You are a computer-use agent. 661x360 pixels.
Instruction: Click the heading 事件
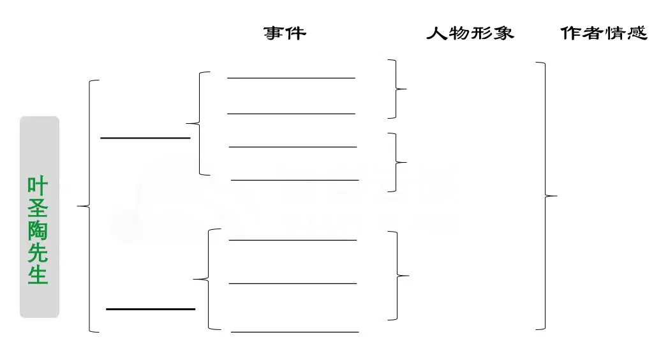285,33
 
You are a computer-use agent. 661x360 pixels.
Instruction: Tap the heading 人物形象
470,33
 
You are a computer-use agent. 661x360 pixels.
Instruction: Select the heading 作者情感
604,33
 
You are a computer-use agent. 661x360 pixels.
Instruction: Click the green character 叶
38,185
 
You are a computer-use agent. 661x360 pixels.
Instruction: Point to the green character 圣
38,207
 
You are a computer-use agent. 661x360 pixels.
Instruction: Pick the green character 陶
38,230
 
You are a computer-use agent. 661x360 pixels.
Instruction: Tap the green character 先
38,253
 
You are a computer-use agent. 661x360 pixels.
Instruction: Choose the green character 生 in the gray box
38,275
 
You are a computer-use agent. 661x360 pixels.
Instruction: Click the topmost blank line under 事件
292,78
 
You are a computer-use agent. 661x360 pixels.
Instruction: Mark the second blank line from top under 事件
292,114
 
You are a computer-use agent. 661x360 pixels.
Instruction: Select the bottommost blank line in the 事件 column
295,332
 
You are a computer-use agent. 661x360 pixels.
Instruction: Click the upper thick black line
145,138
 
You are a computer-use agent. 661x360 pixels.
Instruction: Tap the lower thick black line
151,309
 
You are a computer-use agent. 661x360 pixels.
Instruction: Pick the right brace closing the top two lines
396,89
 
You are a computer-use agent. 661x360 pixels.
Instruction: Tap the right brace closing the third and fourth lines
396,162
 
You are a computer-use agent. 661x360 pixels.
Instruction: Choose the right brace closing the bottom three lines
397,276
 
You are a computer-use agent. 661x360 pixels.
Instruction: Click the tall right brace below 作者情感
545,196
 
